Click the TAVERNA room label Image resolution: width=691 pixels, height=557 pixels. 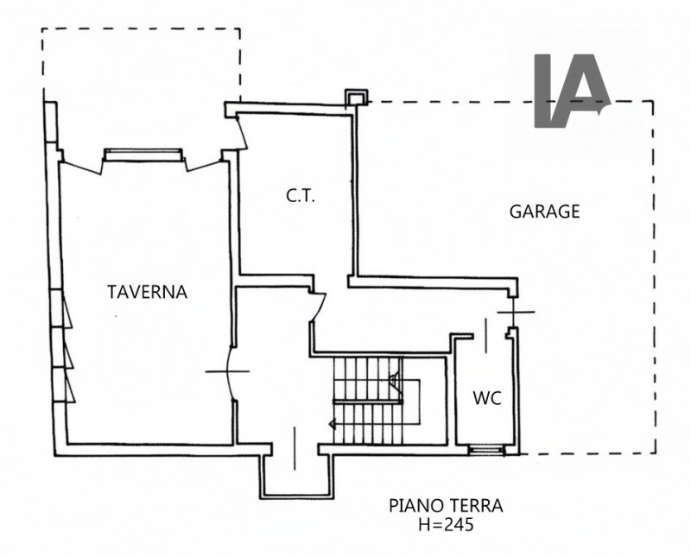147,292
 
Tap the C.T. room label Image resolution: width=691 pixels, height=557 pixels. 301,196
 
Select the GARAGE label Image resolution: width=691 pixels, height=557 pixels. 544,211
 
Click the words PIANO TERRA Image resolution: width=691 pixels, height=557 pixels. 445,506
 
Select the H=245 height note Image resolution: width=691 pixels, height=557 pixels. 446,523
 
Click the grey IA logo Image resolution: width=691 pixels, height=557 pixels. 571,90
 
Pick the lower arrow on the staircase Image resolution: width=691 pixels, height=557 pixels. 333,423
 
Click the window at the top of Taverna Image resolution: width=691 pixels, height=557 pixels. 143,154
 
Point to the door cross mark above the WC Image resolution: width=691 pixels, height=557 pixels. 511,311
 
